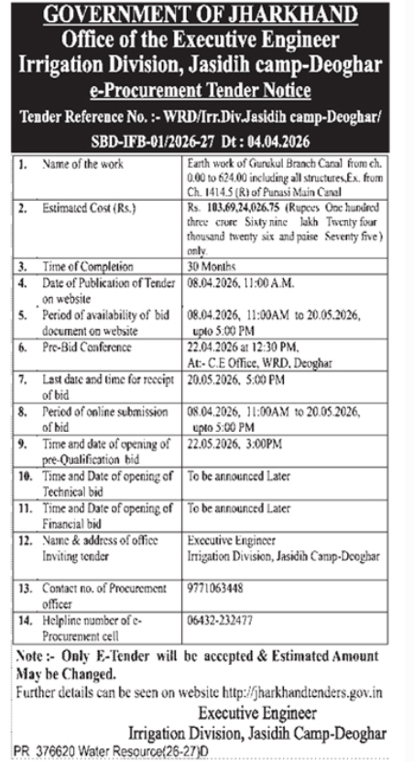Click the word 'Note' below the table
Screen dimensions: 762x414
[x=34, y=657]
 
